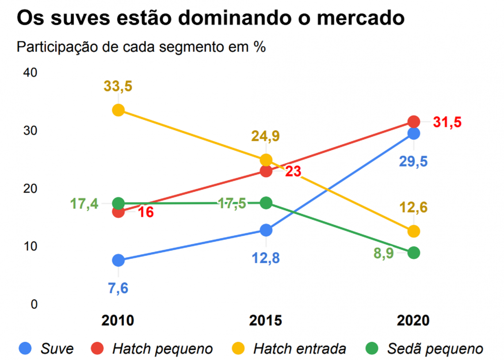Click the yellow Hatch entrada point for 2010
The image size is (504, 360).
[x=118, y=110]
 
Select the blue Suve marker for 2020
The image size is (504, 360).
[x=413, y=133]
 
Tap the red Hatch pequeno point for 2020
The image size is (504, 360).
[x=413, y=121]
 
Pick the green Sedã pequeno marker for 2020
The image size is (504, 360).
[x=413, y=253]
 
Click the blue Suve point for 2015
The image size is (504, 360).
[x=266, y=230]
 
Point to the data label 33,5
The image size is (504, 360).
[x=118, y=86]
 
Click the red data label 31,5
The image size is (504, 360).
[x=447, y=122]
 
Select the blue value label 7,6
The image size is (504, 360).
[x=118, y=288]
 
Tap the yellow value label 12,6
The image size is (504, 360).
[x=413, y=207]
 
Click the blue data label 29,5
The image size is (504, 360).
[x=413, y=161]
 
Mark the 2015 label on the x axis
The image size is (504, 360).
[x=266, y=320]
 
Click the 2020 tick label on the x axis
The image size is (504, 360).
[x=413, y=320]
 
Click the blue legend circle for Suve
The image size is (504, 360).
[x=25, y=349]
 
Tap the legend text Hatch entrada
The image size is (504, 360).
[x=299, y=349]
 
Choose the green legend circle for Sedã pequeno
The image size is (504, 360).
[x=372, y=349]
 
